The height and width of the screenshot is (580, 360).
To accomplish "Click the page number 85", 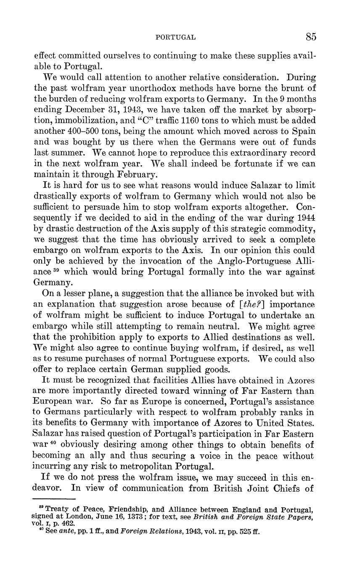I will [x=311, y=37].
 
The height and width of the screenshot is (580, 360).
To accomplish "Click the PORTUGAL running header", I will [x=175, y=37].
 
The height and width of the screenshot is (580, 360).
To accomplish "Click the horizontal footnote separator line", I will [x=53, y=499].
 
